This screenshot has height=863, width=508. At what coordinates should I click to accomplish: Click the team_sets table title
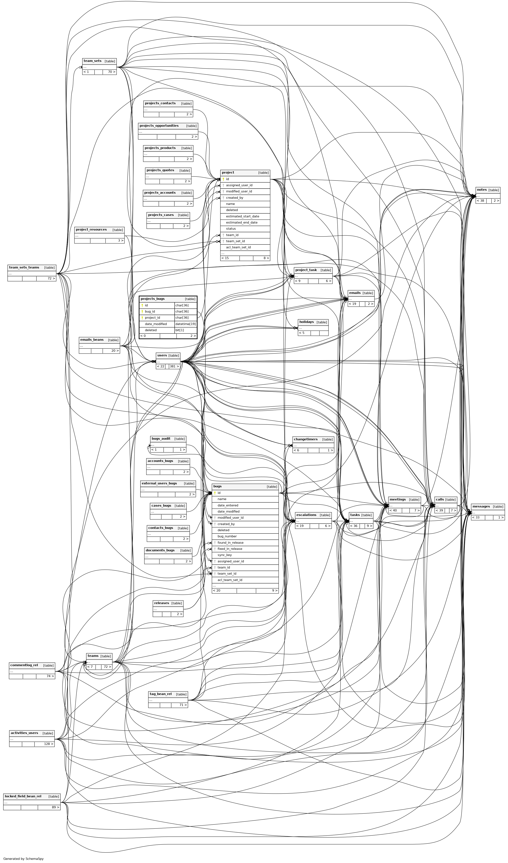92,61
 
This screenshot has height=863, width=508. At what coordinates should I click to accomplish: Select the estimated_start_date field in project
242,216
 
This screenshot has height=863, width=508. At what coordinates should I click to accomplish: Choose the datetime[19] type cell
185,324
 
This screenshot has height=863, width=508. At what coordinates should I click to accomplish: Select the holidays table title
306,322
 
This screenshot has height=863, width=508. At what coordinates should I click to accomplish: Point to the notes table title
482,190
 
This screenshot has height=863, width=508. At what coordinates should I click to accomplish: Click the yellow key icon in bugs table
215,493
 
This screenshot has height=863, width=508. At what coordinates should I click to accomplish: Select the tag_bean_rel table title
161,694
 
